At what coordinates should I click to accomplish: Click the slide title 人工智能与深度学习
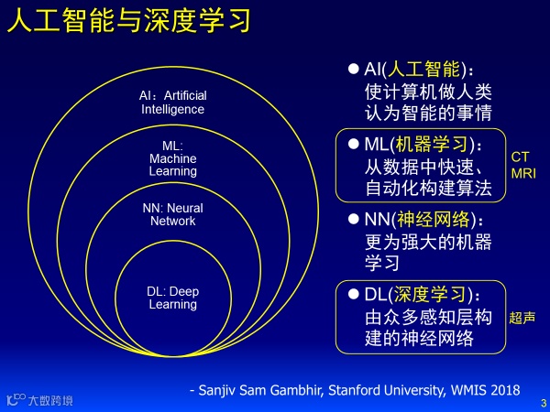pyautogui.click(x=128, y=22)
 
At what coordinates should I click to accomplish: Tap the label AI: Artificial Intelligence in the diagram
pyautogui.click(x=172, y=103)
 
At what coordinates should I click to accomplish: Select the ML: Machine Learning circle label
pyautogui.click(x=172, y=158)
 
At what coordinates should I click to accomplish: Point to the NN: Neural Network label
pyautogui.click(x=172, y=214)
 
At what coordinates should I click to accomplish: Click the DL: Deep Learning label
pyautogui.click(x=172, y=298)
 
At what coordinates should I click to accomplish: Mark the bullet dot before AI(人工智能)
pyautogui.click(x=353, y=69)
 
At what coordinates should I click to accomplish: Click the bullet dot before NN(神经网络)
pyautogui.click(x=353, y=220)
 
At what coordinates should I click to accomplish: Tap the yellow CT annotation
pyautogui.click(x=520, y=157)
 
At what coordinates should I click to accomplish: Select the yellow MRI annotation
pyautogui.click(x=522, y=172)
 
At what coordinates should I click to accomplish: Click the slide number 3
pyautogui.click(x=543, y=402)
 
